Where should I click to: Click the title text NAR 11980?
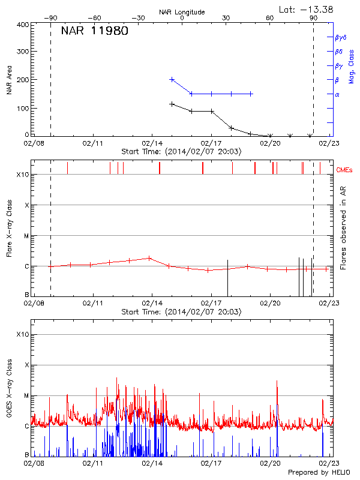[94, 31]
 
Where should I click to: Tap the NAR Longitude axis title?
[182, 12]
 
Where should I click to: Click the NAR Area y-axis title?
[10, 80]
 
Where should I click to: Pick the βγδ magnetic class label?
[341, 37]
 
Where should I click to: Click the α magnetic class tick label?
[337, 94]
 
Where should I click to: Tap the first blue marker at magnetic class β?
[172, 79]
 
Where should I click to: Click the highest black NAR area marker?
[172, 104]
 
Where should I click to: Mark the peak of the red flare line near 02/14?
[149, 258]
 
